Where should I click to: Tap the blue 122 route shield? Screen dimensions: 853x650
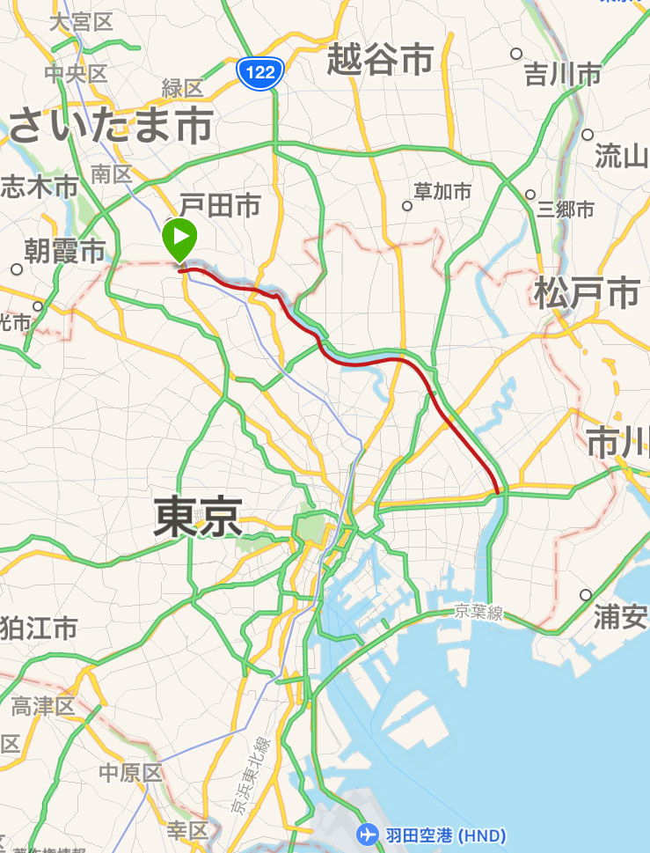(260, 73)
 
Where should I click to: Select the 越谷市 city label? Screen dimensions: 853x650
(380, 60)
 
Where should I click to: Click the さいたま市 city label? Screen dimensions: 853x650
(111, 126)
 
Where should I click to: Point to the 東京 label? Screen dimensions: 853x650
(198, 516)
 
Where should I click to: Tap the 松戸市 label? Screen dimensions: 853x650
(586, 293)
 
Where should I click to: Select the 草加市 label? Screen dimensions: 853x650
(443, 191)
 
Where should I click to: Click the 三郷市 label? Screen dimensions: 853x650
(566, 210)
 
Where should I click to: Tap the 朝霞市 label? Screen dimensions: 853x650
(64, 253)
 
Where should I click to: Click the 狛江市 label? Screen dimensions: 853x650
(38, 629)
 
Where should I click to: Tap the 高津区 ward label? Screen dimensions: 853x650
(44, 705)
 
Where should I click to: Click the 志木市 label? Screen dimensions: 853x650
(39, 186)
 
